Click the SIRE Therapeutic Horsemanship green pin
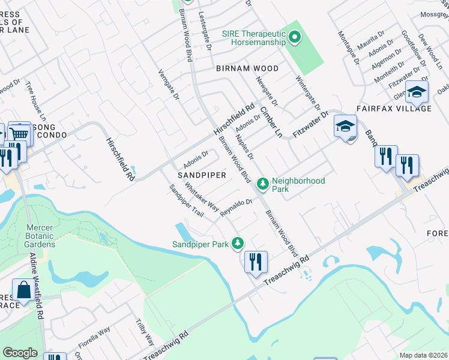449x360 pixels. coord(294,38)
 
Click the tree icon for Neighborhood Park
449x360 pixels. coord(262,184)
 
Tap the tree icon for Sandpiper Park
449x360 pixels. coord(239,243)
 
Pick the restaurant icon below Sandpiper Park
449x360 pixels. coord(256,261)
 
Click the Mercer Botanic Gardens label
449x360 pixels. coord(40,236)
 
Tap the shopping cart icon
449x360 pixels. coord(19,133)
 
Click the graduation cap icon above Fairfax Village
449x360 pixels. coord(415,92)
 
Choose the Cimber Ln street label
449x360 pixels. coord(271,122)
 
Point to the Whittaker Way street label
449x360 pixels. coord(202,198)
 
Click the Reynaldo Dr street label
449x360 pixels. coord(235,207)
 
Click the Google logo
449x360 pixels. coord(20,353)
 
